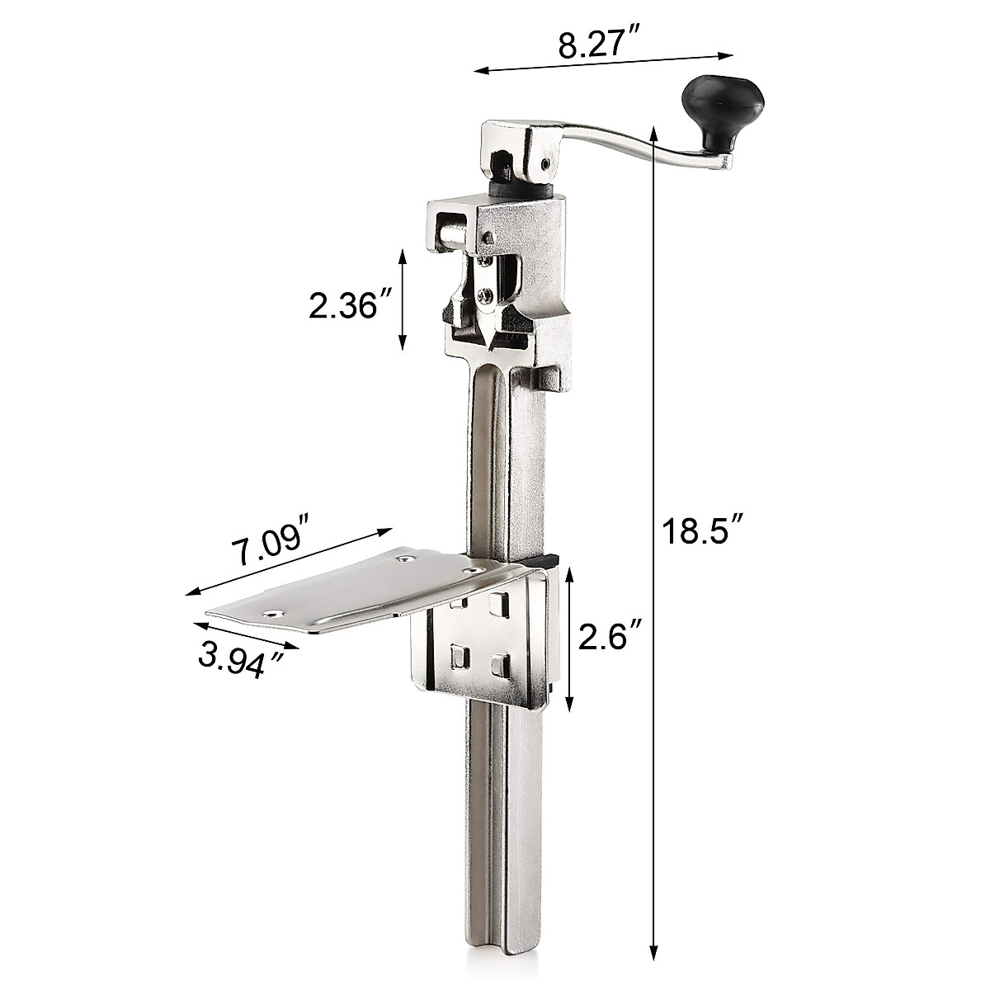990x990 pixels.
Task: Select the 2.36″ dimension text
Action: tap(344, 306)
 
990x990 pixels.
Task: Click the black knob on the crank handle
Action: tap(724, 106)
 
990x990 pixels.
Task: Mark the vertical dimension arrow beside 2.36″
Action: tap(403, 299)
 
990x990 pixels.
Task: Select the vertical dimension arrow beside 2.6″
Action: tap(569, 639)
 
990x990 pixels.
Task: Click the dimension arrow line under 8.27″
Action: tap(603, 64)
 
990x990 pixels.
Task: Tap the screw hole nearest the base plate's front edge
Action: tap(270, 614)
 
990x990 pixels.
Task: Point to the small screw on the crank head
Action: tap(547, 163)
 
